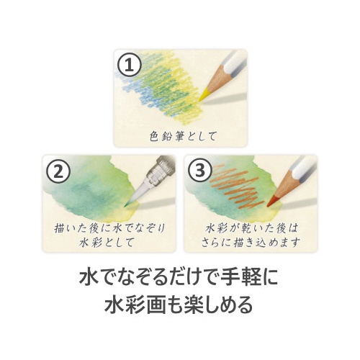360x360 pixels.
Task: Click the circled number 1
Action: (130, 65)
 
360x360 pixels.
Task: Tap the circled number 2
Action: (58, 171)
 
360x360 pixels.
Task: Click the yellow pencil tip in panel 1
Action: (203, 95)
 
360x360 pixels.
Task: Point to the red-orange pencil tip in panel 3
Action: (272, 201)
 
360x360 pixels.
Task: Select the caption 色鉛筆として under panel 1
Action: (183, 136)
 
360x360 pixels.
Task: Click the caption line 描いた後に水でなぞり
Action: (109, 228)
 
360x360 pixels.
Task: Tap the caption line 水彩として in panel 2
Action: (107, 242)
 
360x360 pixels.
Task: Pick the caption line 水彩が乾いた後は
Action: (251, 228)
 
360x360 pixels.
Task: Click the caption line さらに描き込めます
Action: (251, 242)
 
